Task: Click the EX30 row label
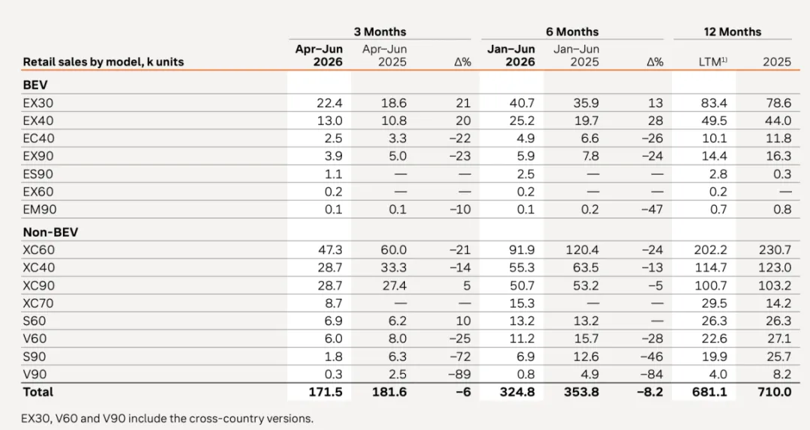coord(37,103)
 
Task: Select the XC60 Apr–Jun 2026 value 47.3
coord(329,250)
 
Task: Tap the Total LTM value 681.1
coord(709,392)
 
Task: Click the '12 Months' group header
coord(732,32)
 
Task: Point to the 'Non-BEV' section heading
coord(50,232)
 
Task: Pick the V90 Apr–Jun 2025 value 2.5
coord(397,375)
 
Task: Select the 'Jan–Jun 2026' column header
coord(511,55)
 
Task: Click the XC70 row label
coord(37,303)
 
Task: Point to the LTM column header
coord(712,62)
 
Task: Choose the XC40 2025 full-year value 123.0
coord(775,268)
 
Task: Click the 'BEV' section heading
coord(35,85)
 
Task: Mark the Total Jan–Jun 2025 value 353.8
coord(581,392)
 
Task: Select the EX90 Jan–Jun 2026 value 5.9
coord(524,157)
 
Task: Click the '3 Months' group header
coord(379,32)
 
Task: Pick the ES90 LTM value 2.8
coord(718,174)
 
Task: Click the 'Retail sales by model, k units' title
coord(103,62)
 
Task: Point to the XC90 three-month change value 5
coord(467,285)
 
